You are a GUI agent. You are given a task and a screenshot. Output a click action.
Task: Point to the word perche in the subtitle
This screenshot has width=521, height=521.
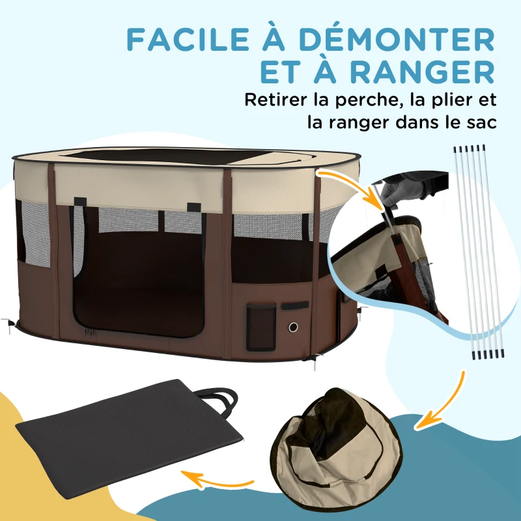point(364,101)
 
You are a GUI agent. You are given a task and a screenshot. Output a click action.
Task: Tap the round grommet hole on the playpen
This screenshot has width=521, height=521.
point(293,326)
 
